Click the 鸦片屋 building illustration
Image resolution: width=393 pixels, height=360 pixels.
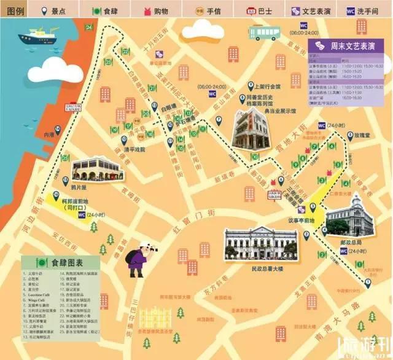click(x=93, y=169)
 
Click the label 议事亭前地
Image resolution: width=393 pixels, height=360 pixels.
click(x=301, y=221)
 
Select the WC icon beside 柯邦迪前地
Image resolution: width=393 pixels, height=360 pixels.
click(x=82, y=215)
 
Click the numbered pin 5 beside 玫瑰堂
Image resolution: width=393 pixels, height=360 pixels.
click(x=350, y=136)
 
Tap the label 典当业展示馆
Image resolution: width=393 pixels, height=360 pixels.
click(x=276, y=111)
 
